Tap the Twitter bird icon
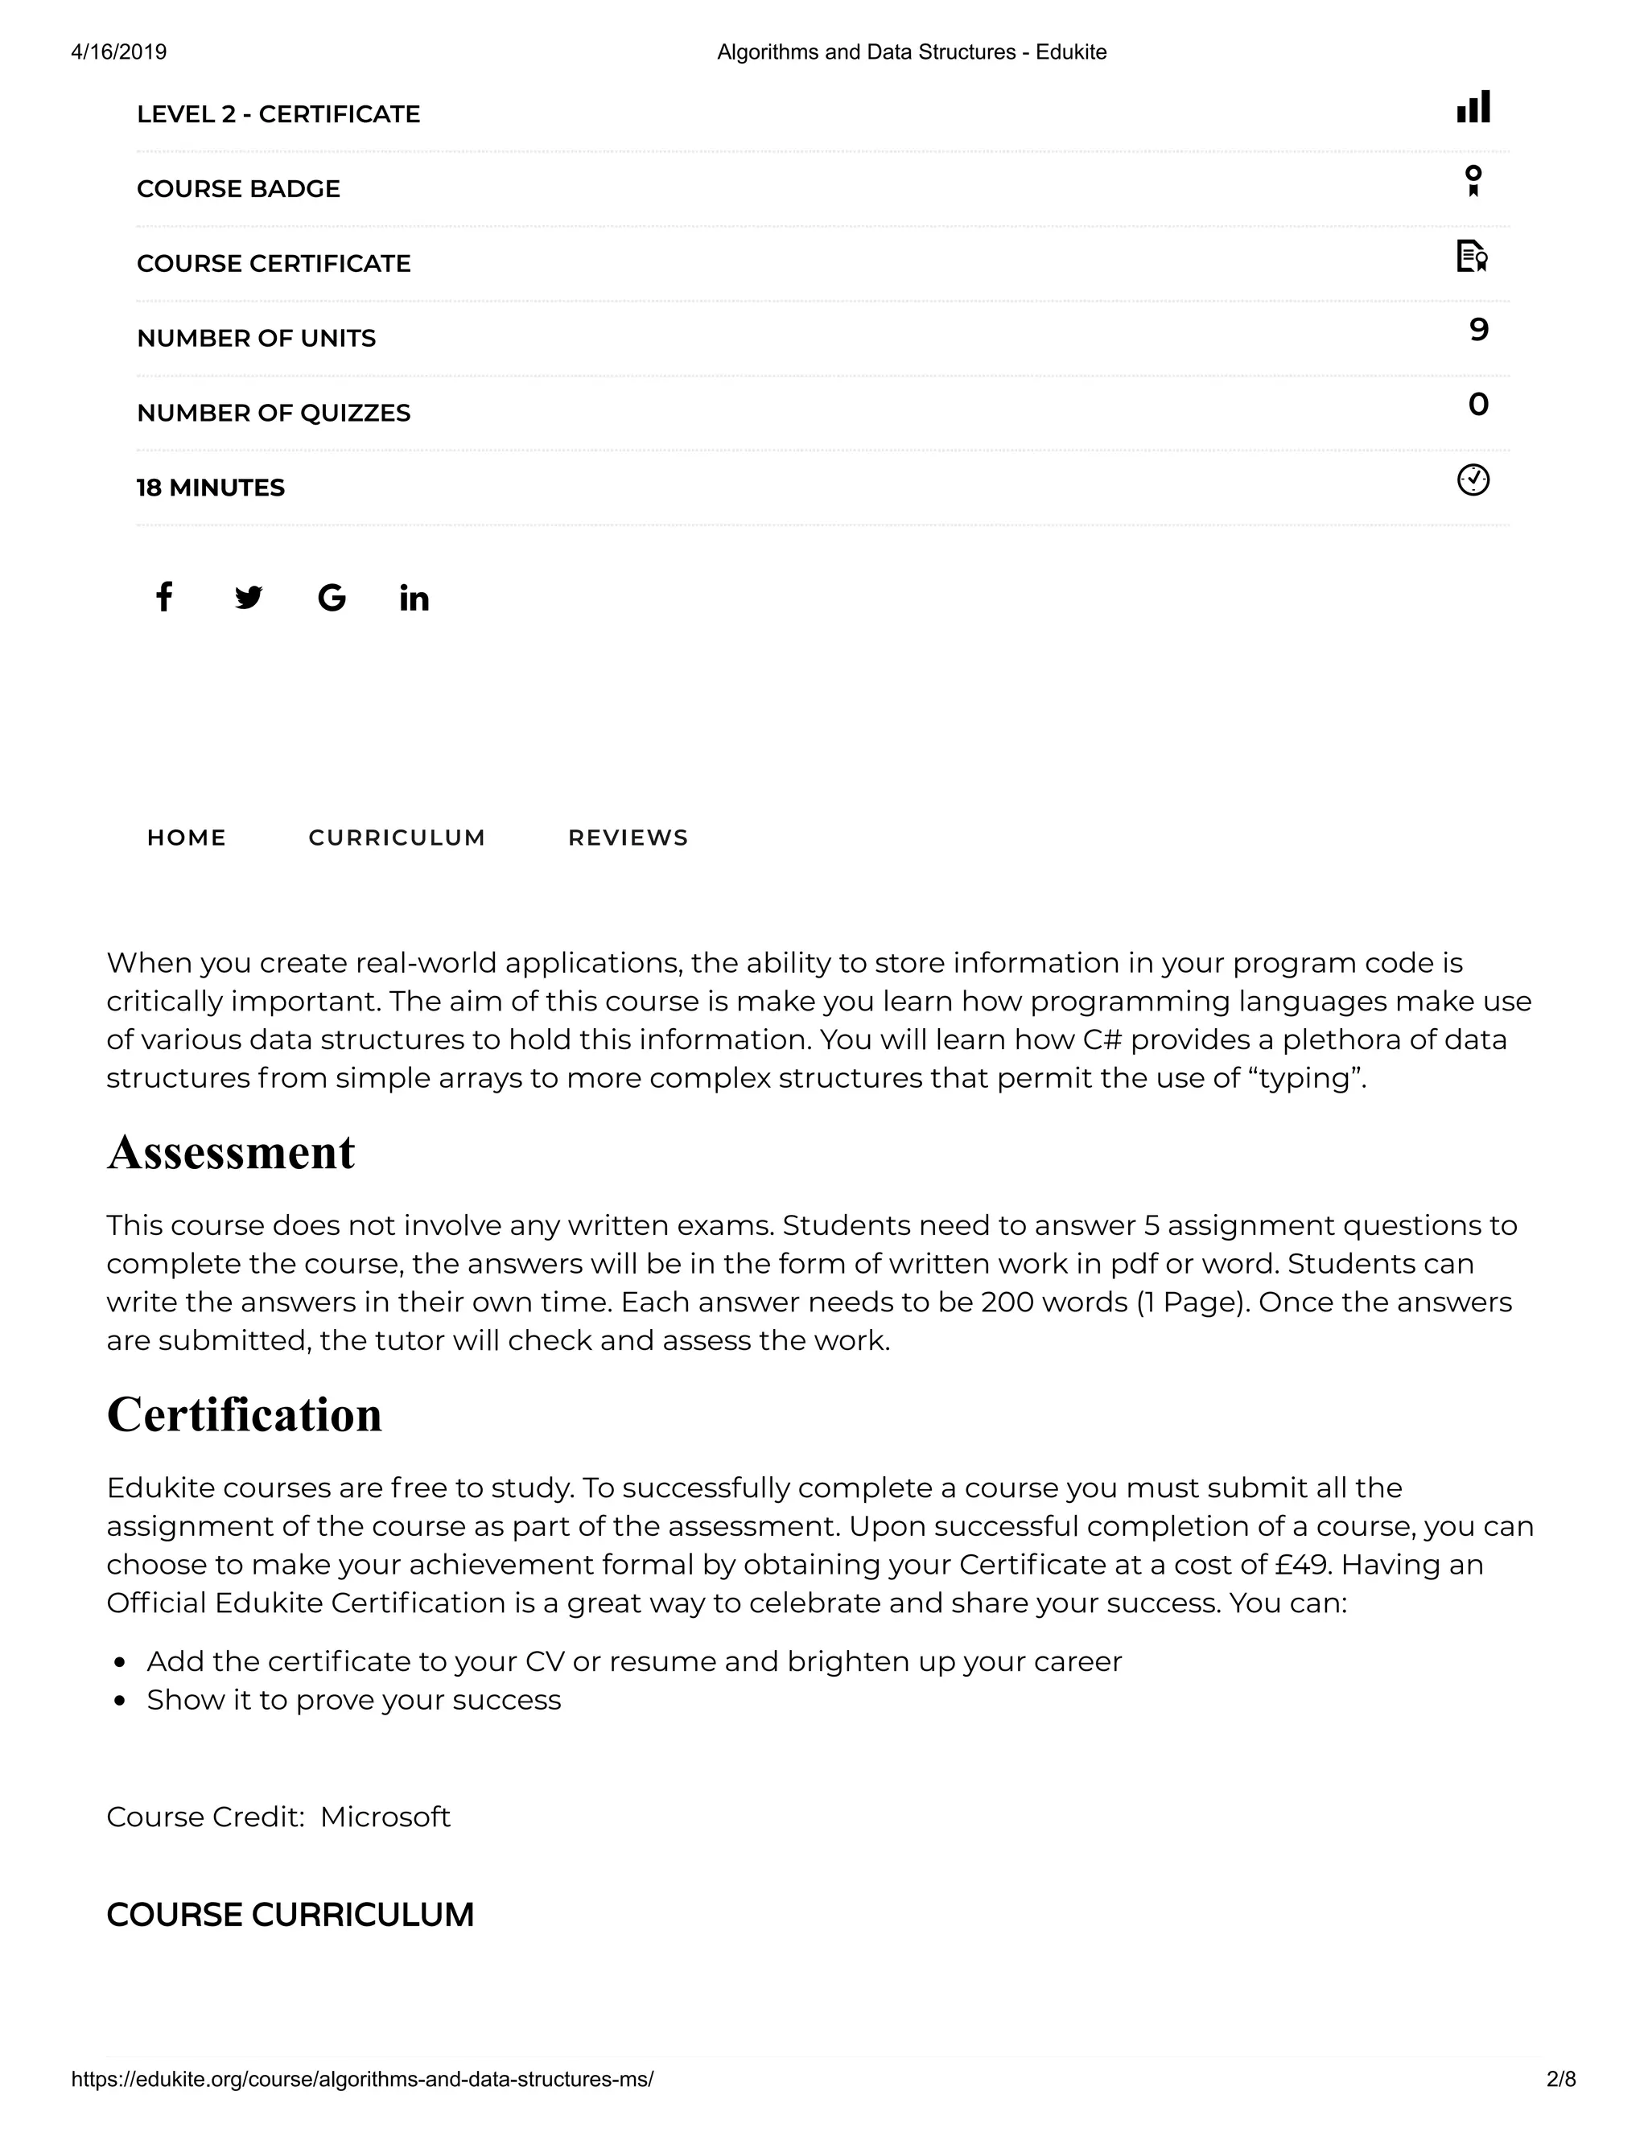point(249,598)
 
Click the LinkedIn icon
point(414,599)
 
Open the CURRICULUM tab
point(397,838)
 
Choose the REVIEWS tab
point(628,838)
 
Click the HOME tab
point(187,838)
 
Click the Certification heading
point(244,1414)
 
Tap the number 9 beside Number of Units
point(1478,330)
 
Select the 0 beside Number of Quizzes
point(1478,404)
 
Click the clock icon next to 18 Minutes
point(1473,480)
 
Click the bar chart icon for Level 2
point(1473,106)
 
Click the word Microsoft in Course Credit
point(385,1817)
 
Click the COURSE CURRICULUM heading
point(290,1916)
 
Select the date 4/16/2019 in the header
point(119,51)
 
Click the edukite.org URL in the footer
point(362,2078)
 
